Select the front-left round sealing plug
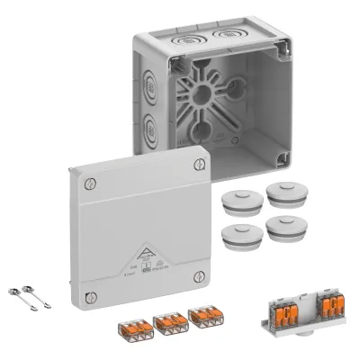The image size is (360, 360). point(236,233)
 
